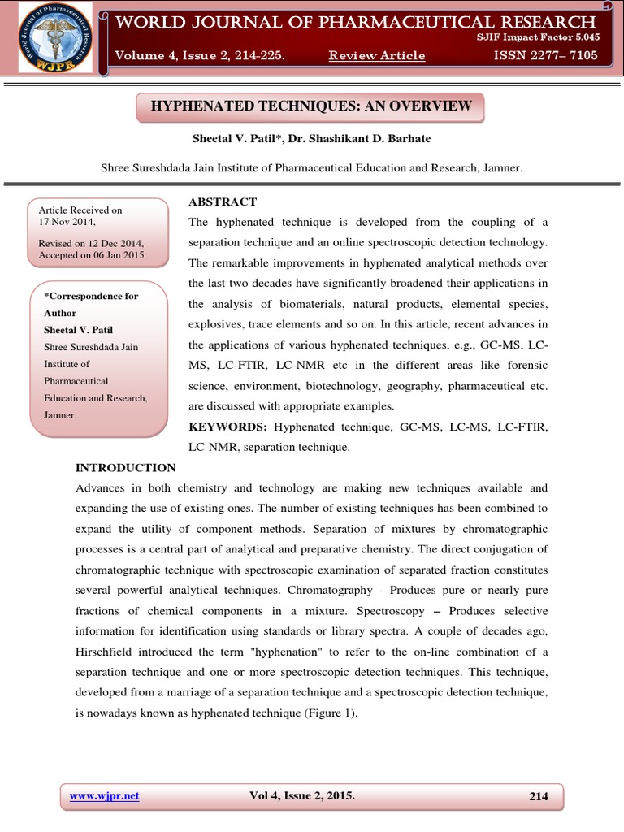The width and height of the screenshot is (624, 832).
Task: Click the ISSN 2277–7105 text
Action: coord(545,55)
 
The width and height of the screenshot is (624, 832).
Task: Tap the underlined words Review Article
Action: coord(376,55)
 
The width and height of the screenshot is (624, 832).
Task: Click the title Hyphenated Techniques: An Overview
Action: coord(311,106)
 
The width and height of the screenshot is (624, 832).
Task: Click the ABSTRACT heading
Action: coord(223,201)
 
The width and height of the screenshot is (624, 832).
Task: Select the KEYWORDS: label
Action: coord(228,427)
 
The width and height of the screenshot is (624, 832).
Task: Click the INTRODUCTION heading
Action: coord(125,467)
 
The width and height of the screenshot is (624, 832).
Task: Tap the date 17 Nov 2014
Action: coord(67,221)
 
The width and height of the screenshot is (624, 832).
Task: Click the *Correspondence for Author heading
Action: coord(90,304)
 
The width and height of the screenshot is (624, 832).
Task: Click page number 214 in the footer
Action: coord(539,796)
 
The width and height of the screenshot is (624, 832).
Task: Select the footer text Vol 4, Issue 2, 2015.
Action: coord(302,795)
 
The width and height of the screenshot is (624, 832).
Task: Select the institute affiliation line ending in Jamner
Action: coord(311,168)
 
